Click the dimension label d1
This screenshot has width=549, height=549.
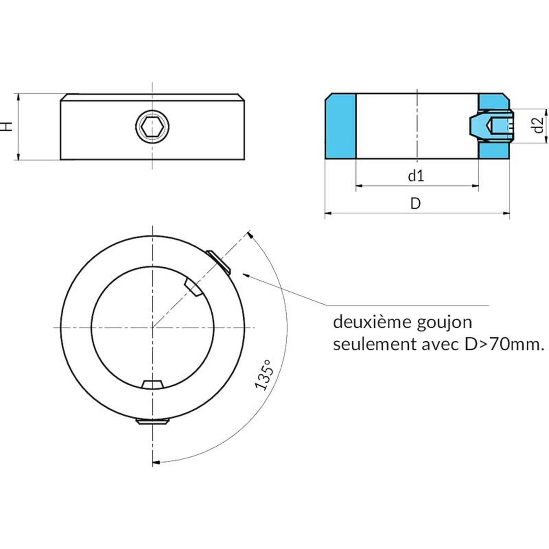pyautogui.click(x=416, y=176)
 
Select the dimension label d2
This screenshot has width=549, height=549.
pyautogui.click(x=539, y=125)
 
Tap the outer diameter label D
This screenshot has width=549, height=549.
pyautogui.click(x=416, y=203)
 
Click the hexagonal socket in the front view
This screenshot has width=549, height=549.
pyautogui.click(x=152, y=126)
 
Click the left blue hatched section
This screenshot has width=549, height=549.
pyautogui.click(x=340, y=126)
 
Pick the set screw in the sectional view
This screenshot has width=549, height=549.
pyautogui.click(x=491, y=126)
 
